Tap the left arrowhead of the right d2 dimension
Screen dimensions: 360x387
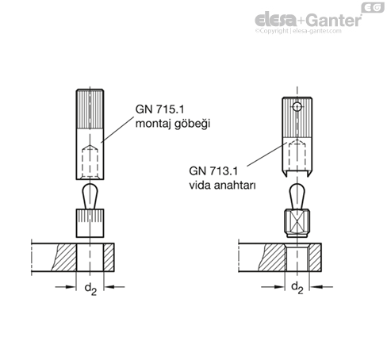point(280,287)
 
